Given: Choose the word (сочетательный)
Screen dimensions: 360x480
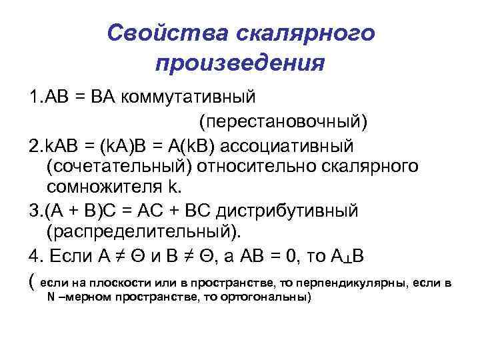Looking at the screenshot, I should point(116,166).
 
